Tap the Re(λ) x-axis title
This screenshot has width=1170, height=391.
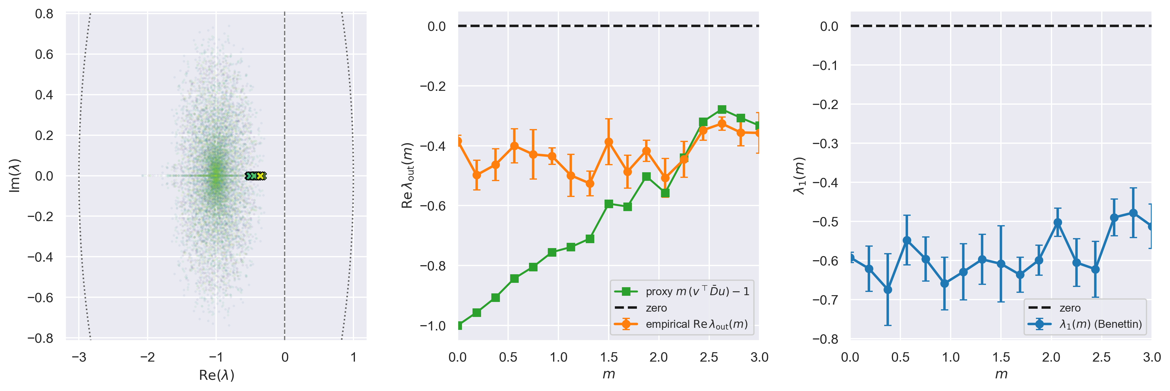point(217,375)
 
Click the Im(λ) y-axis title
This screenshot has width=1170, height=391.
point(15,176)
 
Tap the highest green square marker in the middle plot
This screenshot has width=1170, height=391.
point(722,109)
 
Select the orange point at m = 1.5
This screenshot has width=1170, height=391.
point(609,142)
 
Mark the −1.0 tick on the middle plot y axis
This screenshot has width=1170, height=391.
point(432,326)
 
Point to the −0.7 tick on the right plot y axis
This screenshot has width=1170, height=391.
point(825,300)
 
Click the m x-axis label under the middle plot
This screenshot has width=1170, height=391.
point(609,375)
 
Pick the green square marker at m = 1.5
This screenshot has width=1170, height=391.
point(609,204)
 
